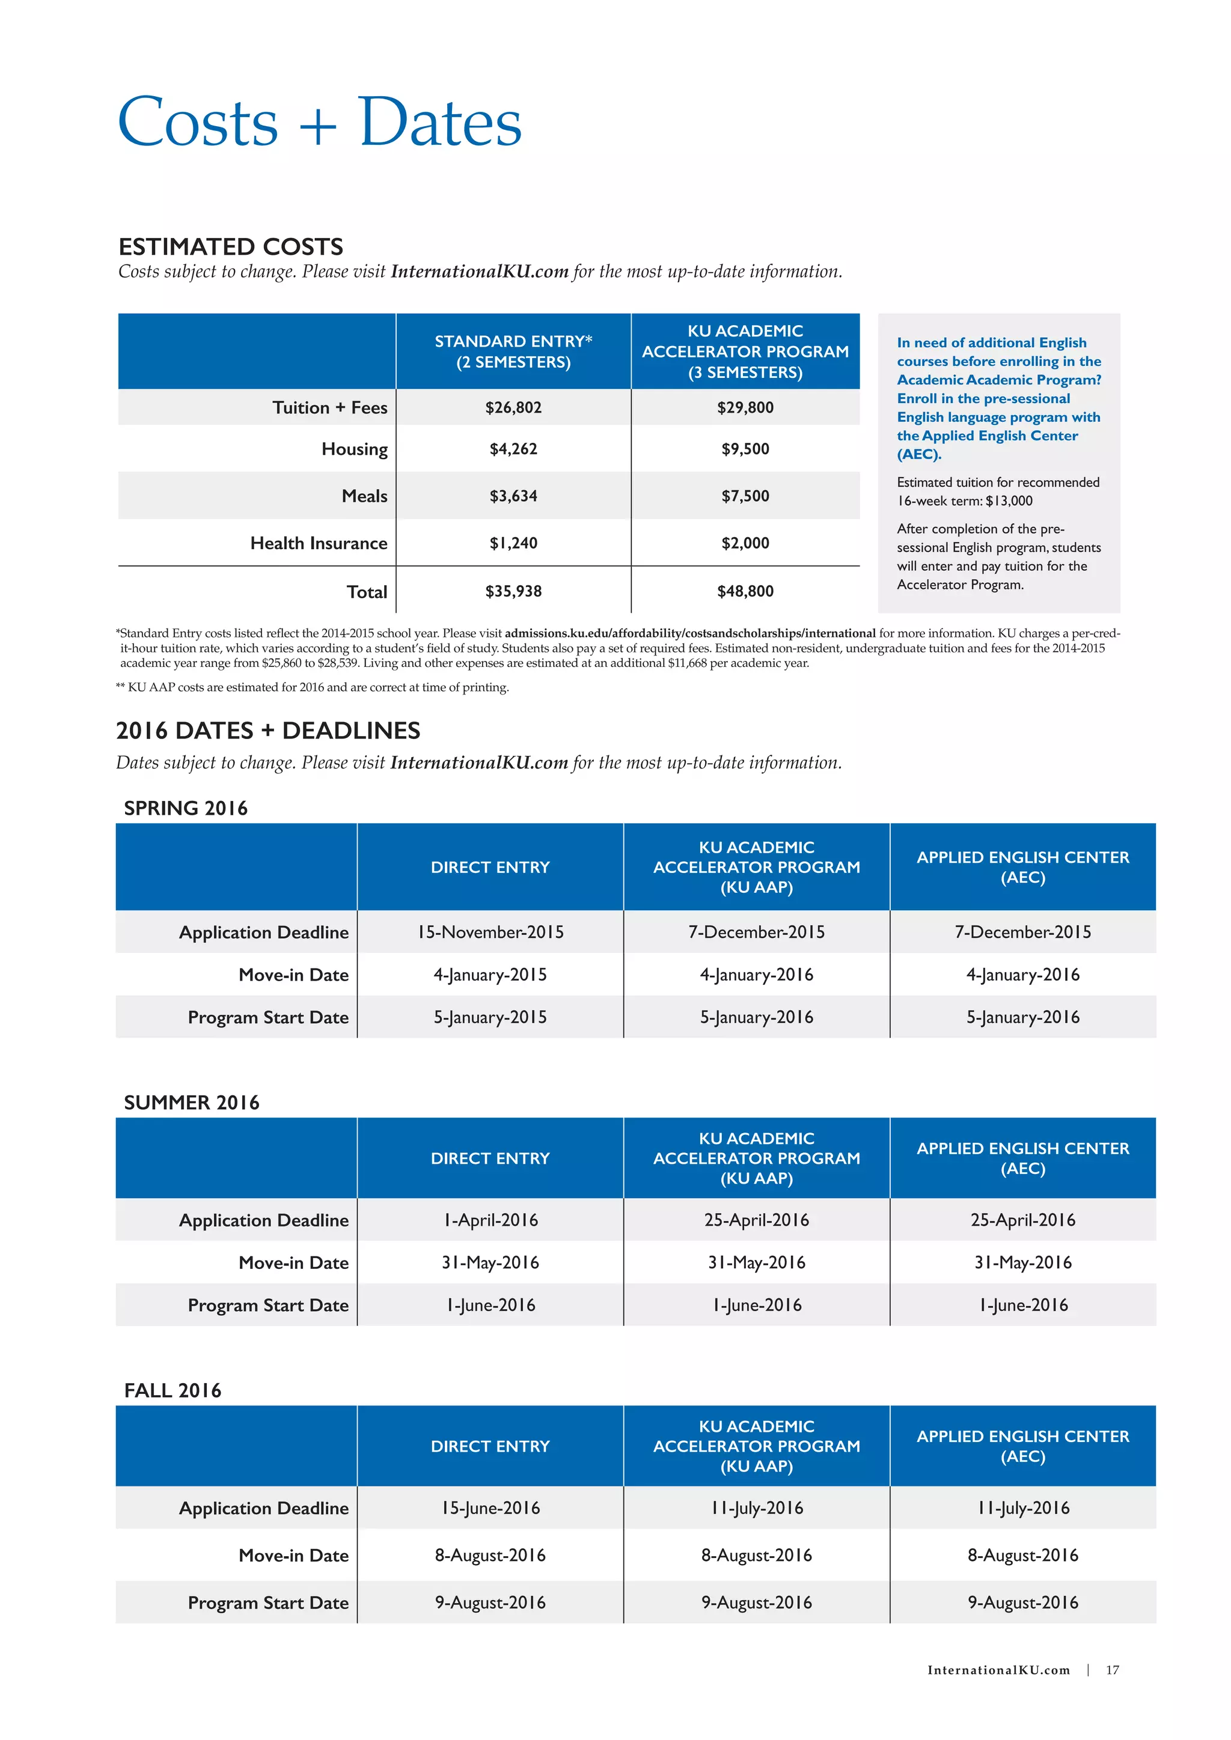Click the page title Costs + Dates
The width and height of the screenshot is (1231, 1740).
[x=319, y=123]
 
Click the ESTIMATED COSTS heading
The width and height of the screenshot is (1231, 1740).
[x=230, y=247]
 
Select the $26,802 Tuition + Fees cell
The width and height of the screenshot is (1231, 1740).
[x=513, y=408]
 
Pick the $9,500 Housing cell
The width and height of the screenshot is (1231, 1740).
[x=745, y=449]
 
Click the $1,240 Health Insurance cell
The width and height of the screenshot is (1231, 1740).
[x=513, y=543]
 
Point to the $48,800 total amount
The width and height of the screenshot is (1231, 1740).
[x=745, y=591]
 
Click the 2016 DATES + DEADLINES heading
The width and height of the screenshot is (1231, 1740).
[x=267, y=731]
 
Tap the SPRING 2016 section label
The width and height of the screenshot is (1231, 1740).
[x=186, y=809]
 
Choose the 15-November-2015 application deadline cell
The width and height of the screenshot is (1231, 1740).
[x=490, y=932]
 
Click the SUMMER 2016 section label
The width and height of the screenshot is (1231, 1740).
[x=191, y=1103]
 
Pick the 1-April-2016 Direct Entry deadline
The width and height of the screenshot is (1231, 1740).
[x=490, y=1220]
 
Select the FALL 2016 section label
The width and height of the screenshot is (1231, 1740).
[x=173, y=1391]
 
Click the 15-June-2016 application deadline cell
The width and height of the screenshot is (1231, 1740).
[x=490, y=1508]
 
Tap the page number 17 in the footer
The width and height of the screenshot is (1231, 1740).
[x=1112, y=1670]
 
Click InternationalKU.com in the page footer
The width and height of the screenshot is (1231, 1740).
[x=998, y=1670]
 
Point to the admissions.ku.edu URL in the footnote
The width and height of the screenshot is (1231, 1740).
[x=690, y=633]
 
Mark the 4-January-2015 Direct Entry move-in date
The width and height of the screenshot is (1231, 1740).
[x=490, y=975]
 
